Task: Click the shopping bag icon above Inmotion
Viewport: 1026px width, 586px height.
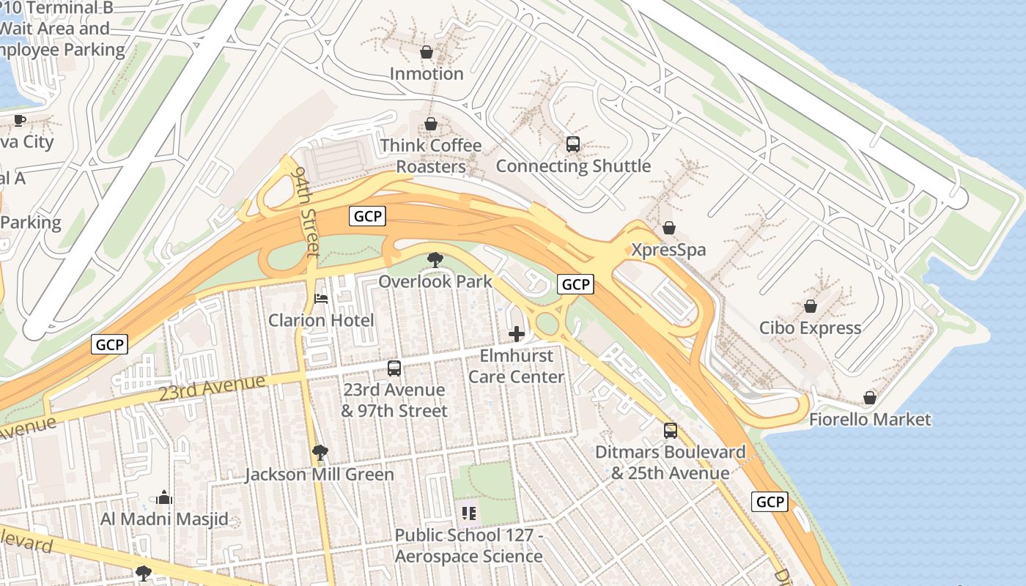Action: coord(427,52)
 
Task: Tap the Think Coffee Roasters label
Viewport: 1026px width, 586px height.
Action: coord(431,156)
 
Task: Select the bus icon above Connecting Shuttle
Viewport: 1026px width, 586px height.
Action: coord(573,144)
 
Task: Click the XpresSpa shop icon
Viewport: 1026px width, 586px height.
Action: coord(668,229)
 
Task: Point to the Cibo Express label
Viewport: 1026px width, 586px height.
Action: coord(810,327)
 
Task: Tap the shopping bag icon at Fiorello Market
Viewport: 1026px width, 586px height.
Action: coord(870,398)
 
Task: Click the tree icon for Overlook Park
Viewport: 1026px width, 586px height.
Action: coord(435,259)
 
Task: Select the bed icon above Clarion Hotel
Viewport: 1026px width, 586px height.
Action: coord(321,298)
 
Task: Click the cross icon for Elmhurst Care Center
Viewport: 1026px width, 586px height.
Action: coord(517,334)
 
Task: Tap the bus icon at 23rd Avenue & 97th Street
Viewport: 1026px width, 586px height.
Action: coord(394,368)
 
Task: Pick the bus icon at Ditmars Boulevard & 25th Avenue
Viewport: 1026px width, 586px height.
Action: coord(671,431)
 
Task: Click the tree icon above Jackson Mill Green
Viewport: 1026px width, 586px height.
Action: coord(320,453)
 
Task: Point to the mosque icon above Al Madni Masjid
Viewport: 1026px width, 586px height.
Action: coord(164,497)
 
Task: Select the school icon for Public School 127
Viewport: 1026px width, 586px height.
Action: coord(469,513)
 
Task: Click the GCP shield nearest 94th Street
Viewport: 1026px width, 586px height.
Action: coord(367,216)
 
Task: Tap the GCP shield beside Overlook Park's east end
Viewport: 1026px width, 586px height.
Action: coord(575,284)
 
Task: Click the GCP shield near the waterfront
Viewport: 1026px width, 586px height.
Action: coord(770,502)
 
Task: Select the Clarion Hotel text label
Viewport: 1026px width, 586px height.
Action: coord(321,320)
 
